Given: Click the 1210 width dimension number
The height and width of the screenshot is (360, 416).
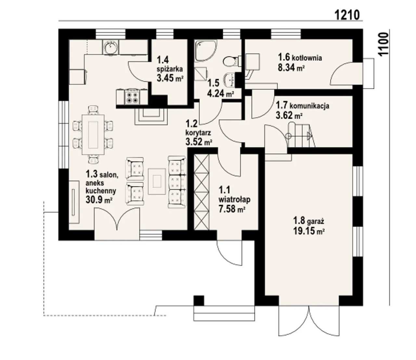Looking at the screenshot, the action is point(347,15).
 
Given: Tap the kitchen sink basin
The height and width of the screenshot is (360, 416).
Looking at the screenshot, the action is point(110,47).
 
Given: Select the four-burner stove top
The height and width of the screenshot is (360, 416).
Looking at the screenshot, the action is point(132,98).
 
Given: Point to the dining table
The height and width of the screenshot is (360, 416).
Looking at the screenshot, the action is point(93,135).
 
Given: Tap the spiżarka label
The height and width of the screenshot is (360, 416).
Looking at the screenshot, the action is point(170,69).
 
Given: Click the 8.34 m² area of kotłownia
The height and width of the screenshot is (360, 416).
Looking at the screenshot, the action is point(291,67).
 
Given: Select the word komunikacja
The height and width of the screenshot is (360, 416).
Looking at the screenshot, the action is point(310,106).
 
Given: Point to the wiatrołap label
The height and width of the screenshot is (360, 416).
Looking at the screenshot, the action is point(234,199).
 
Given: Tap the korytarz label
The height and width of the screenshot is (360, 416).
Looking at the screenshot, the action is point(198,133).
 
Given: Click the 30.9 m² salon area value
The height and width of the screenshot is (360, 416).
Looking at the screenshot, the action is point(99,200).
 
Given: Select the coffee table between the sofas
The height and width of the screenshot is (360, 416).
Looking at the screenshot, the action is point(157,181).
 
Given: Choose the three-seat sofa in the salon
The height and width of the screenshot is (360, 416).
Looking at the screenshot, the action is point(177,182).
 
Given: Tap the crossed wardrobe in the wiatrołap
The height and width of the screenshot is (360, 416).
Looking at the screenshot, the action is point(201,192).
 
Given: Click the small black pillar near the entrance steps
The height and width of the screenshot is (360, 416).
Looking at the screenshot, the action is point(199,300).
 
